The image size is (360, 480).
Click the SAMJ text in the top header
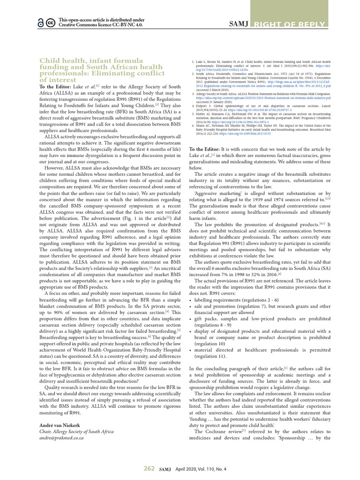tap(240, 23)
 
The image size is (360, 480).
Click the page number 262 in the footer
tap(149, 468)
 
